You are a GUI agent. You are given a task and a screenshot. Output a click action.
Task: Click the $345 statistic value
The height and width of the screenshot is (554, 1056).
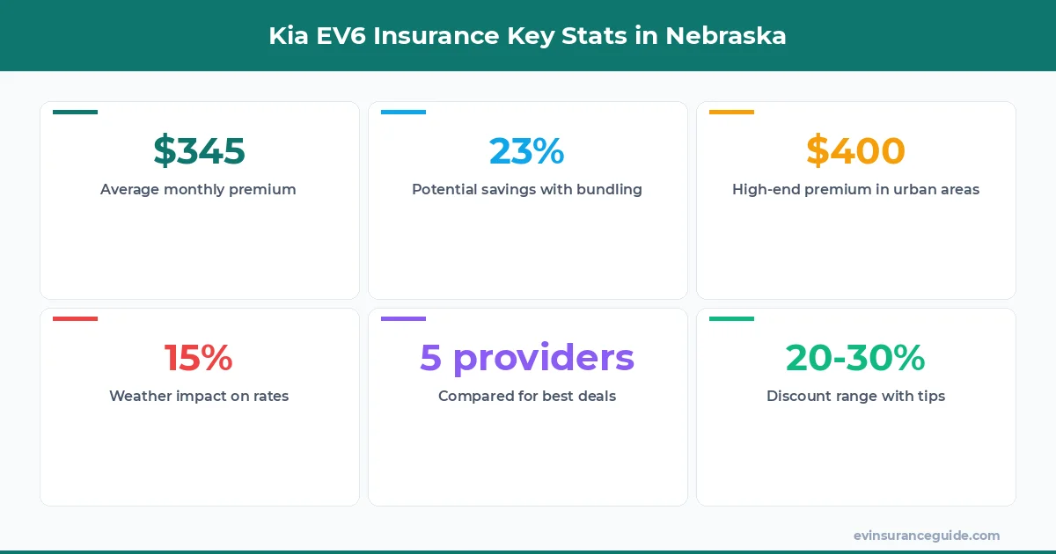coord(199,151)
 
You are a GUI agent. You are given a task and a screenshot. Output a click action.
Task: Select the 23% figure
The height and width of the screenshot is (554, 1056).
coord(526,151)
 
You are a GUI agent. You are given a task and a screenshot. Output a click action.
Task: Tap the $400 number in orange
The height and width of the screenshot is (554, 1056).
coord(855,151)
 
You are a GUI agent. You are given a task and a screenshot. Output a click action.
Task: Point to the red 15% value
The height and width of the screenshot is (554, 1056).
coord(199,358)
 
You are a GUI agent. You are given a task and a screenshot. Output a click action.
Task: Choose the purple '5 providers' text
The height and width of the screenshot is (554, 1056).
coord(526,358)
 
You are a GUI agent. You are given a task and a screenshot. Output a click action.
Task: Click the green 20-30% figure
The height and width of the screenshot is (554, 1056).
coord(855,358)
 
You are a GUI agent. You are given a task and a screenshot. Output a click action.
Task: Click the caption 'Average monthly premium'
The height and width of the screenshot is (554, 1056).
coord(198,189)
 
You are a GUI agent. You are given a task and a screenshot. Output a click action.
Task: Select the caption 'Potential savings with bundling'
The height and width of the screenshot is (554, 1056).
coord(526,189)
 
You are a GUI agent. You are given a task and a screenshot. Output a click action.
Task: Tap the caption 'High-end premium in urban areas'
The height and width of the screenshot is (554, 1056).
coord(855,189)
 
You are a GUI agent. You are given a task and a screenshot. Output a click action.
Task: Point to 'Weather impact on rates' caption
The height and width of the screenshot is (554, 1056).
coord(199,396)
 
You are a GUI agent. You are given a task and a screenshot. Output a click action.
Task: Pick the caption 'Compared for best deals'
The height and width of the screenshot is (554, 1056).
coord(526,396)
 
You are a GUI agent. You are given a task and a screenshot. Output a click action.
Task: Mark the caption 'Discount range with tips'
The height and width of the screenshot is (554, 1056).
coord(855,396)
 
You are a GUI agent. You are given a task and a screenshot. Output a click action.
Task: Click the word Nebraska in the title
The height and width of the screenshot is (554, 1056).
coord(726,36)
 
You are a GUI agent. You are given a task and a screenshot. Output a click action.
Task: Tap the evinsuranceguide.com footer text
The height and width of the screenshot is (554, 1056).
coord(927,535)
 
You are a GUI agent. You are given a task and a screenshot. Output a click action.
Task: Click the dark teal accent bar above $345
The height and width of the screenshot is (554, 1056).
coord(75,112)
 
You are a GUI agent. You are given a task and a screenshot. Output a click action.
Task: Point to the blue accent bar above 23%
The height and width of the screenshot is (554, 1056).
coord(403,112)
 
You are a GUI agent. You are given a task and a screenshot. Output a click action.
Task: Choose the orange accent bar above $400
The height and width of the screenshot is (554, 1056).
coord(731,112)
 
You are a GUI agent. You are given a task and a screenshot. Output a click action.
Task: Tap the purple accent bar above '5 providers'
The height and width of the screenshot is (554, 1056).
coord(403,318)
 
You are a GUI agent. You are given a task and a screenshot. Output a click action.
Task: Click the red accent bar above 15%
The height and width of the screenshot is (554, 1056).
coord(75,318)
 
